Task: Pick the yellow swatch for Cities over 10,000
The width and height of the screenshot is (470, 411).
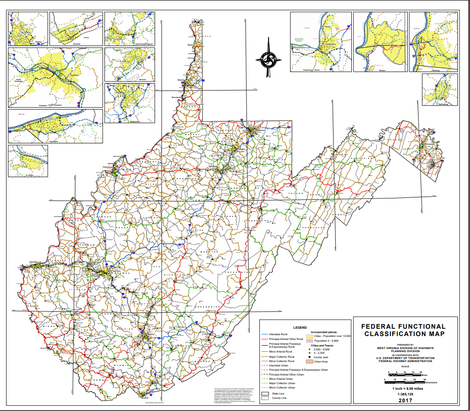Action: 309,336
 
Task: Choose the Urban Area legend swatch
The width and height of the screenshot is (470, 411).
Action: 309,361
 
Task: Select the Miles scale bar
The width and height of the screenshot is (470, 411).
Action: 405,375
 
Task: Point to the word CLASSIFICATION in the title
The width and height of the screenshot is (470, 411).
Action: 405,333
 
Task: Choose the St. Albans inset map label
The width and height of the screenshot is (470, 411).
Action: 29,175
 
